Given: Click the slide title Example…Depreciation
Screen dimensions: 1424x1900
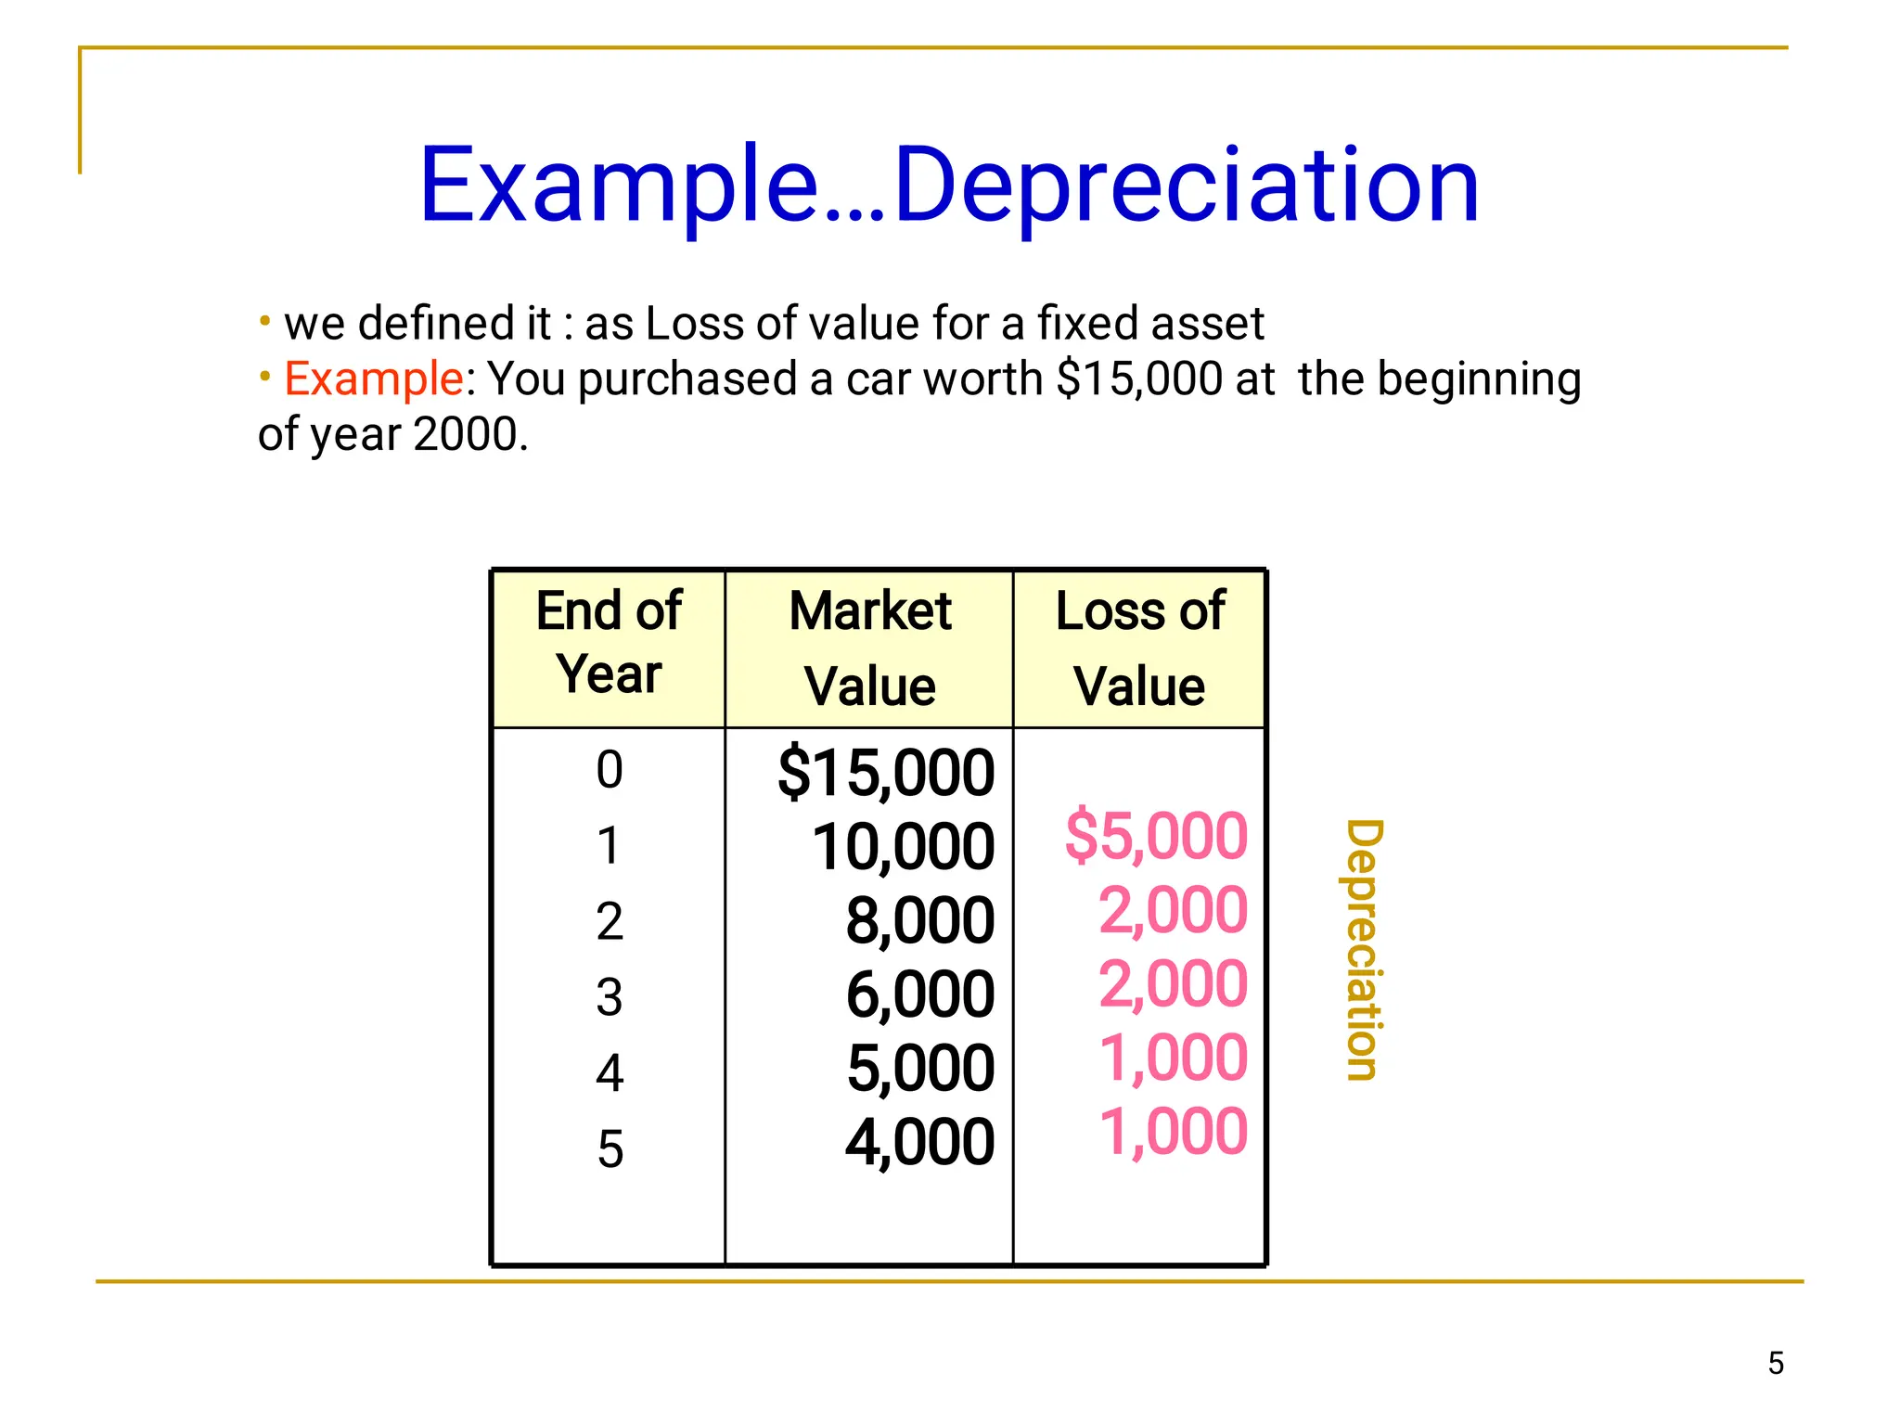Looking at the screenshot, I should click(948, 186).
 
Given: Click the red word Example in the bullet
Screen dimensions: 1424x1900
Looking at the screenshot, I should click(373, 378).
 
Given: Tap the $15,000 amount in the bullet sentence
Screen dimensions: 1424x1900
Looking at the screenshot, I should click(1139, 378).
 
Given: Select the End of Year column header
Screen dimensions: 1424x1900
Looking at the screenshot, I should click(609, 642).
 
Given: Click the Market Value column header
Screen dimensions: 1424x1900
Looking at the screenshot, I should click(870, 648).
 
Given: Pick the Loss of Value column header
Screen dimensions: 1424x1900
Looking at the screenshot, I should click(1139, 648).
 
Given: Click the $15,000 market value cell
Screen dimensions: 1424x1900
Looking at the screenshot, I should click(886, 773).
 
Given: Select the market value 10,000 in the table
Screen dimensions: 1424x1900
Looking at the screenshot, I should click(903, 847).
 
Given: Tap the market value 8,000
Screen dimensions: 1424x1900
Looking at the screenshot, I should click(919, 921).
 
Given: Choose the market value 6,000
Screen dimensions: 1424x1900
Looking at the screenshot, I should click(919, 994).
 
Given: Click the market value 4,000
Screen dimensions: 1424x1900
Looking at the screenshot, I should click(919, 1142).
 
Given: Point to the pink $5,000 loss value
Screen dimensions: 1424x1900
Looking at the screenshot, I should click(1156, 836).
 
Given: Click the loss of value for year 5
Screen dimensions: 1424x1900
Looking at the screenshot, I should click(1173, 1132).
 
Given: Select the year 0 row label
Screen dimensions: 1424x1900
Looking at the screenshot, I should click(610, 770).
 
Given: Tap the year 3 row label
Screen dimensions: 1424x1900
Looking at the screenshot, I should click(610, 997).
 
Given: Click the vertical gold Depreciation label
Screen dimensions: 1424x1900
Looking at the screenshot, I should click(1364, 949).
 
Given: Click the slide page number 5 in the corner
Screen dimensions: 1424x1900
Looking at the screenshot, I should click(1776, 1363).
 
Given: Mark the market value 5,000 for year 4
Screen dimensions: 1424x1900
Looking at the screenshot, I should click(919, 1068).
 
